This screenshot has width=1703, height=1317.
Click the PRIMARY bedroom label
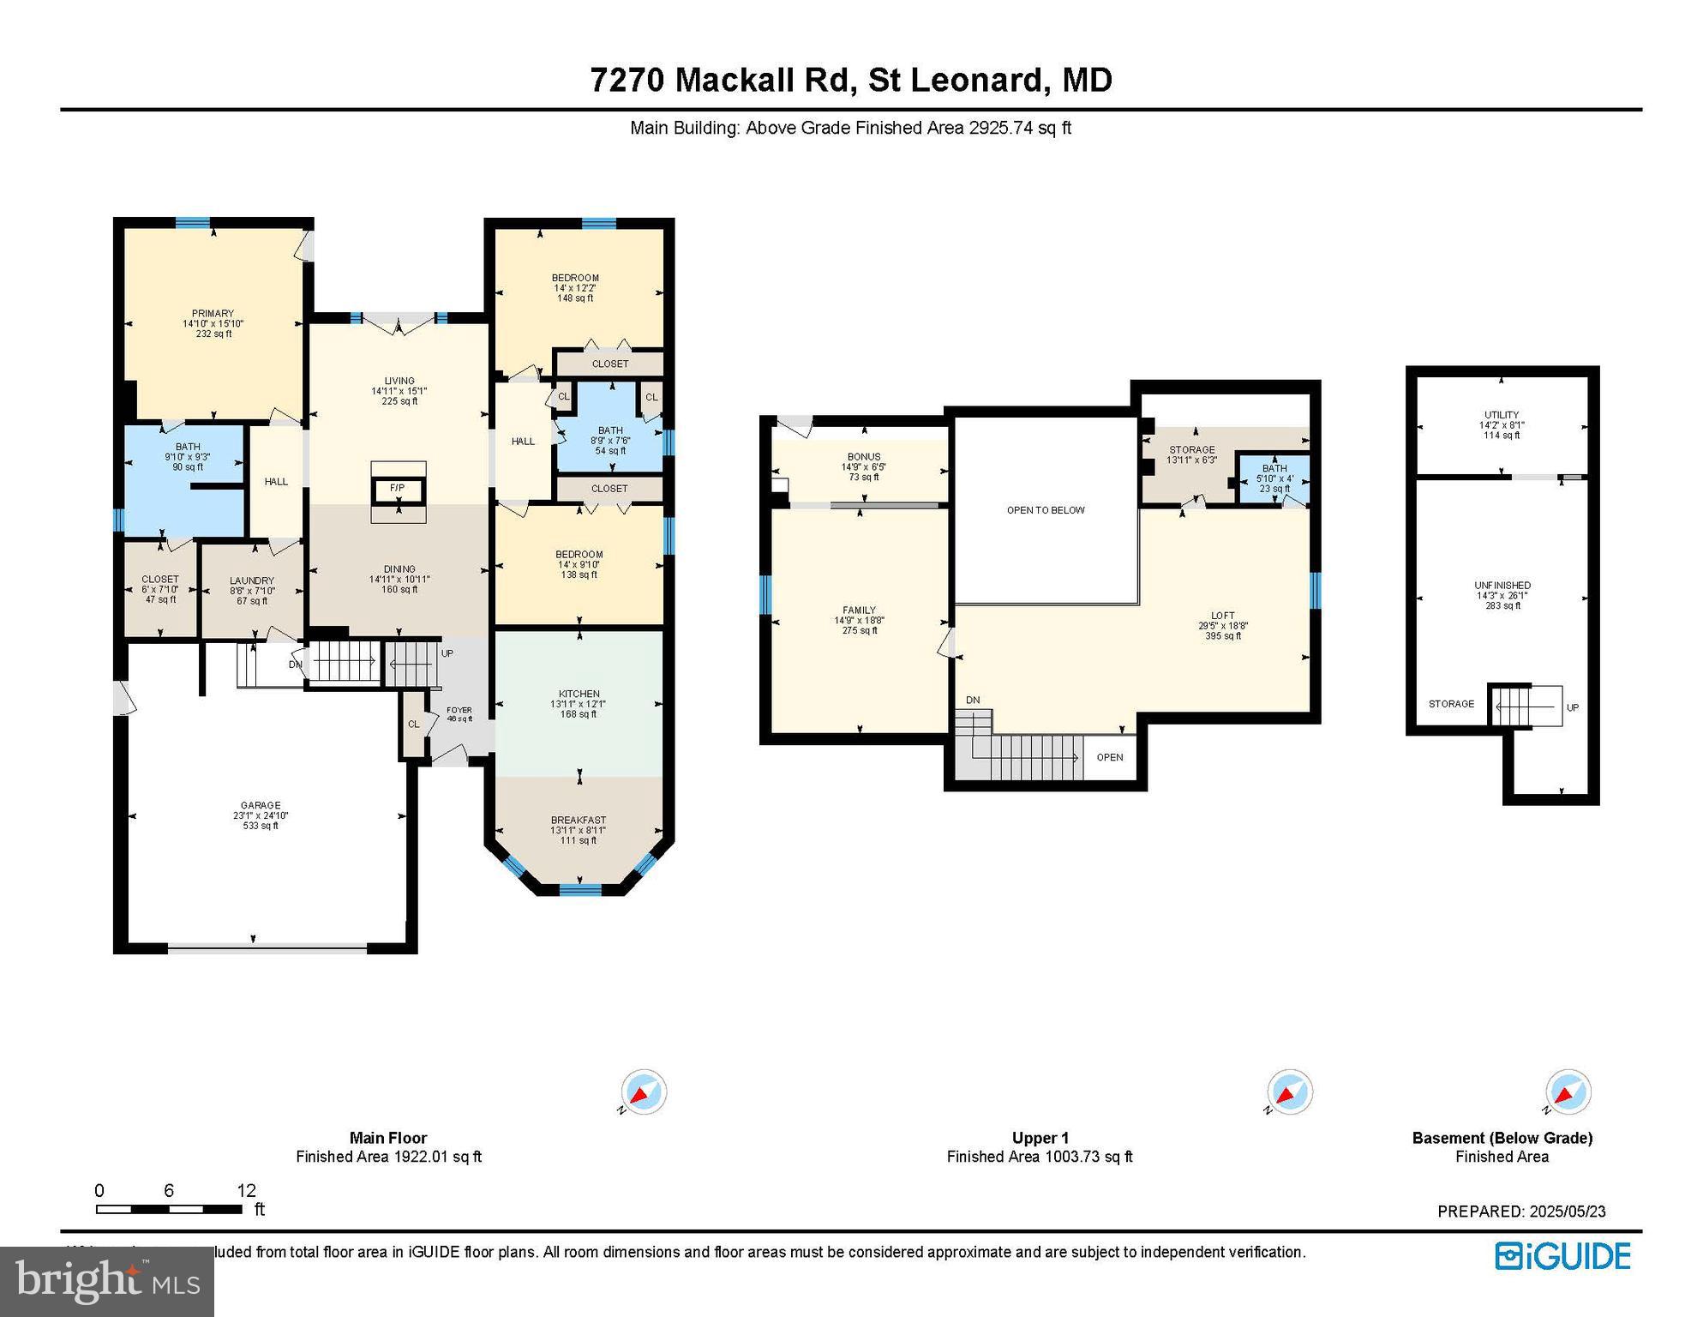coord(213,314)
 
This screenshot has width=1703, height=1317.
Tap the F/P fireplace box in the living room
coord(398,488)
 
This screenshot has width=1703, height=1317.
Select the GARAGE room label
coord(261,806)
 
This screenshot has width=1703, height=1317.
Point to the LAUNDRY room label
coord(252,580)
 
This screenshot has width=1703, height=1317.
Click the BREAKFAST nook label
coord(579,821)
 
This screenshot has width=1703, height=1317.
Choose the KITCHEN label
coord(579,694)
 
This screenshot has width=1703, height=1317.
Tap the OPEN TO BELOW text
coord(1046,510)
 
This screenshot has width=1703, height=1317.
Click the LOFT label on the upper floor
coord(1222,616)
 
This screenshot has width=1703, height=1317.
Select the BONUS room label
coord(863,457)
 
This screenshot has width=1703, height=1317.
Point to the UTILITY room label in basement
coord(1502,415)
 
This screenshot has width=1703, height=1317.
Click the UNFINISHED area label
coord(1502,586)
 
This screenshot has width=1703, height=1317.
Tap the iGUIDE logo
coord(1562,1256)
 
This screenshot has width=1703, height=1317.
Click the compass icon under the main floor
coord(643,1092)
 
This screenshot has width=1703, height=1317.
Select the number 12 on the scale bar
coord(246,1190)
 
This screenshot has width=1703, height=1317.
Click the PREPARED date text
coord(1521,1212)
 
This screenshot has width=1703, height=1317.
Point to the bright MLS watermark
coord(107,1281)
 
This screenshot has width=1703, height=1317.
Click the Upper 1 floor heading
coord(1040,1138)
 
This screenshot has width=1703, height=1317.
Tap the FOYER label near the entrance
coord(459,710)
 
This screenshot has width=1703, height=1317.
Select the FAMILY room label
coord(859,610)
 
